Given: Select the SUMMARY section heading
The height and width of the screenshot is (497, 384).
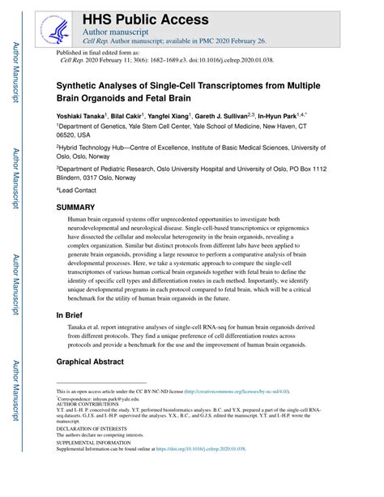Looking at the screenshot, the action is [x=75, y=208].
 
